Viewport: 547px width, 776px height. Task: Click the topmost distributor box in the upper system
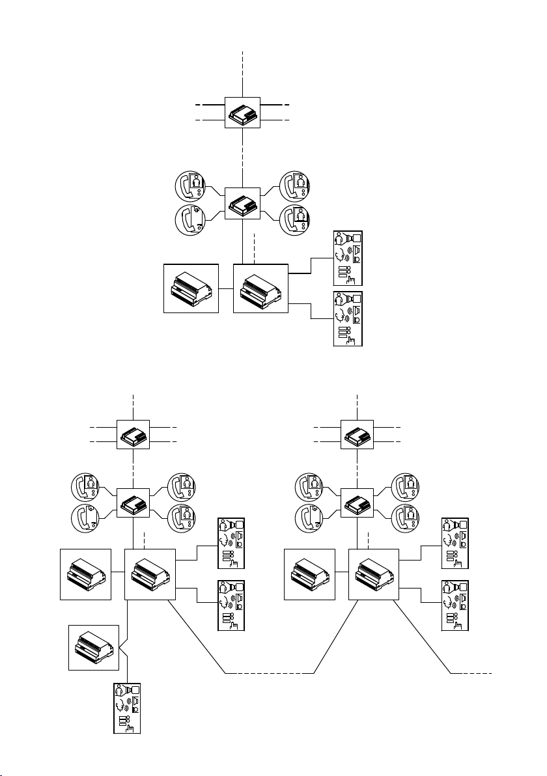pos(242,112)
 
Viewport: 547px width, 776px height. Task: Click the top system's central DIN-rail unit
pos(260,288)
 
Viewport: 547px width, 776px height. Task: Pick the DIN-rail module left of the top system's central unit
pos(191,288)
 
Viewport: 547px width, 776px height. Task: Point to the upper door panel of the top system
pos(348,258)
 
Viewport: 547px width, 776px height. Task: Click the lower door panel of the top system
pos(348,318)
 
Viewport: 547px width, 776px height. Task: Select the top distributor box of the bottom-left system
pos(133,434)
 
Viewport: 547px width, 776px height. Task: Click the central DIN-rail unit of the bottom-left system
pos(150,574)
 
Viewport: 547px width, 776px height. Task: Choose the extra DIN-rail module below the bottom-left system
pos(94,647)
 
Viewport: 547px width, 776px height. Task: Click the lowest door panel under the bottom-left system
pos(127,708)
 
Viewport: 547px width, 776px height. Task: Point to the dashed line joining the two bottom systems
pos(270,671)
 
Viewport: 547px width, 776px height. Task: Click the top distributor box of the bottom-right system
pos(358,434)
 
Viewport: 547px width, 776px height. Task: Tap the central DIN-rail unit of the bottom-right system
pos(374,574)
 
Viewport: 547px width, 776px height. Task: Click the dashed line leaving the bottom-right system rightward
pos(471,671)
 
